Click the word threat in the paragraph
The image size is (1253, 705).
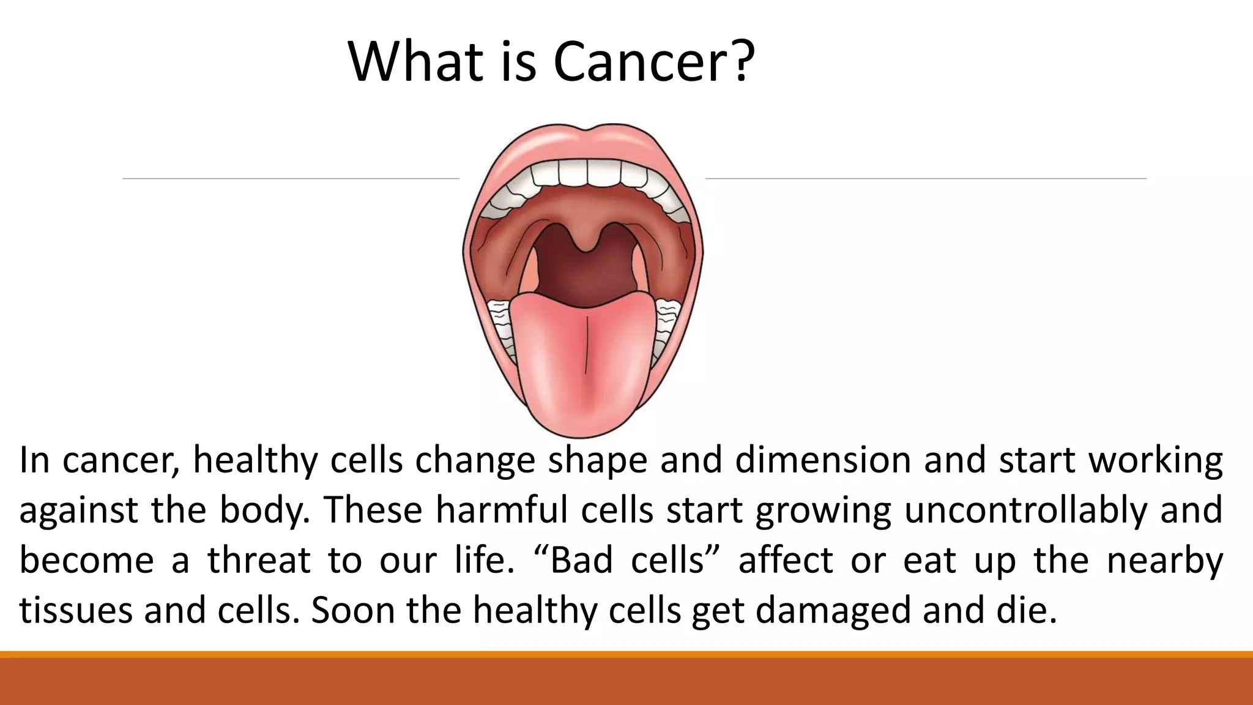pos(259,560)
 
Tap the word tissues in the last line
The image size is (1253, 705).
pos(76,610)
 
